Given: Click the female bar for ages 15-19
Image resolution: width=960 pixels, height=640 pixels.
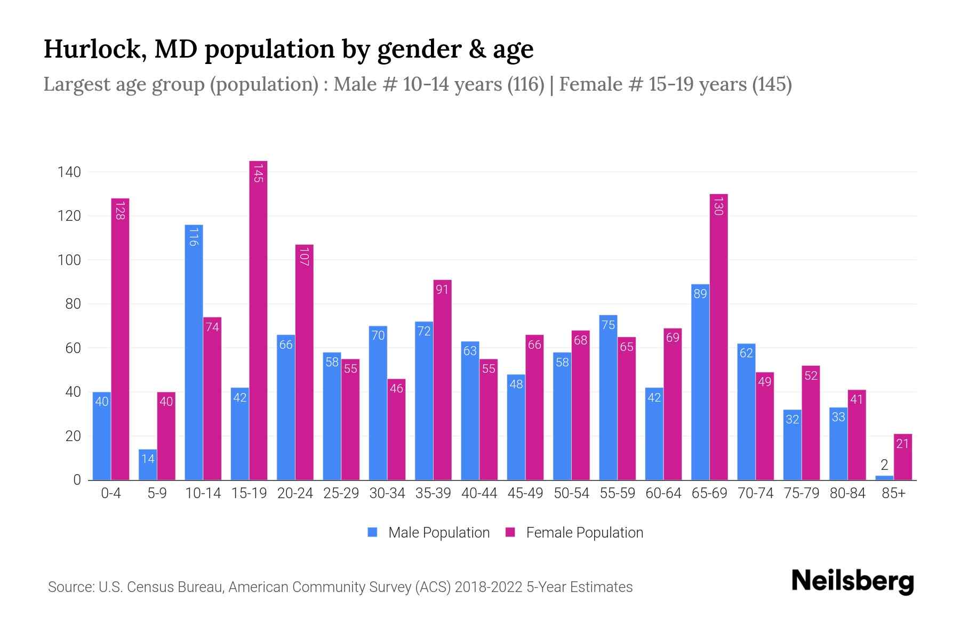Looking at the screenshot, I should click(x=258, y=320).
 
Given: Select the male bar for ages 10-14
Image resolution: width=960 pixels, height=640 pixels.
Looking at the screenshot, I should click(x=194, y=352).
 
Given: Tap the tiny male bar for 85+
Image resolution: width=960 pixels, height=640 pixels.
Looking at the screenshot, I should click(x=884, y=477).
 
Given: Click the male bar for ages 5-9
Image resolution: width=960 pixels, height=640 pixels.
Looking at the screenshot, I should click(x=148, y=465).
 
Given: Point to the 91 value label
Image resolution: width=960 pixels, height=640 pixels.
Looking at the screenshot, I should click(x=442, y=290).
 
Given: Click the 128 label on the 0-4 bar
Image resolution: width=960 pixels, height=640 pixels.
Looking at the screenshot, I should click(x=120, y=210).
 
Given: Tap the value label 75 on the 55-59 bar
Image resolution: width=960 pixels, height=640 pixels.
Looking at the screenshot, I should click(x=608, y=325).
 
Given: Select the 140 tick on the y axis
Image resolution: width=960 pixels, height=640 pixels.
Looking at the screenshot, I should click(x=70, y=172).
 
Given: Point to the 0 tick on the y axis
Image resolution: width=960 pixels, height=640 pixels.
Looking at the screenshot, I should click(x=77, y=480).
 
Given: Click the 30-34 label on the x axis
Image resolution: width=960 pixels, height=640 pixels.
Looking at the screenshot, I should click(x=387, y=493).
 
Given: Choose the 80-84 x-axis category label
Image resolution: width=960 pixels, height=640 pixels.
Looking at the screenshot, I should click(x=847, y=493).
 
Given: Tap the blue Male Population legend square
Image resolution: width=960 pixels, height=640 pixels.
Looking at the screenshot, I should click(x=372, y=532).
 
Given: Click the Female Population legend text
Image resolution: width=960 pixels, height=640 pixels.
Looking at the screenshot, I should click(x=585, y=532).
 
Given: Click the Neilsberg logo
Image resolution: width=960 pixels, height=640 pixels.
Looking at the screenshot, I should click(x=852, y=581).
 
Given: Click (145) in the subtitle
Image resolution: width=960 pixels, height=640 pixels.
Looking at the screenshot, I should click(x=771, y=84).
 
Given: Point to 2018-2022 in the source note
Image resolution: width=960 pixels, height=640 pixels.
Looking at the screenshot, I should click(x=488, y=587).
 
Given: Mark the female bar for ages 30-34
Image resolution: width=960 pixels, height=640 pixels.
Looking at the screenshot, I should click(x=396, y=429).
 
